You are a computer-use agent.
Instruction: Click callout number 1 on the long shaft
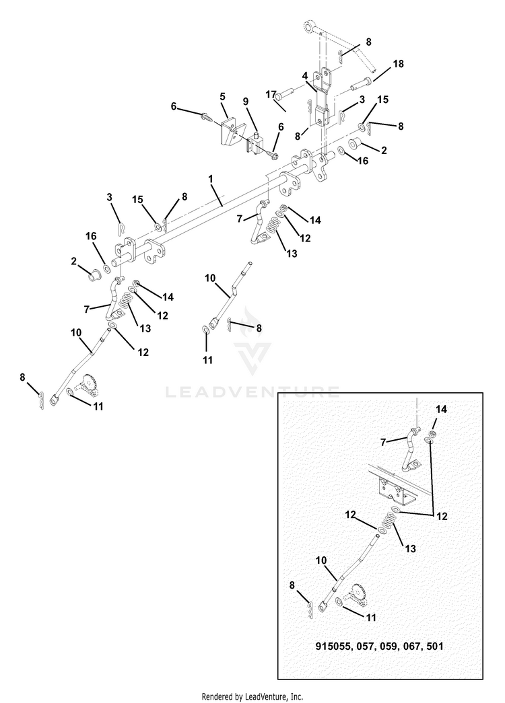211,180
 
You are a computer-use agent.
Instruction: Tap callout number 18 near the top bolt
398,64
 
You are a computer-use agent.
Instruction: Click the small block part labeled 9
255,142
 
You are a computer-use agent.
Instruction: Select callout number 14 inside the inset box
441,409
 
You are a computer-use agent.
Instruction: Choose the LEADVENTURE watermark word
252,392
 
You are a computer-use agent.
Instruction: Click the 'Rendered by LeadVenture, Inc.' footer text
252,696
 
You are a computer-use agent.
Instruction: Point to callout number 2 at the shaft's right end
384,151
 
